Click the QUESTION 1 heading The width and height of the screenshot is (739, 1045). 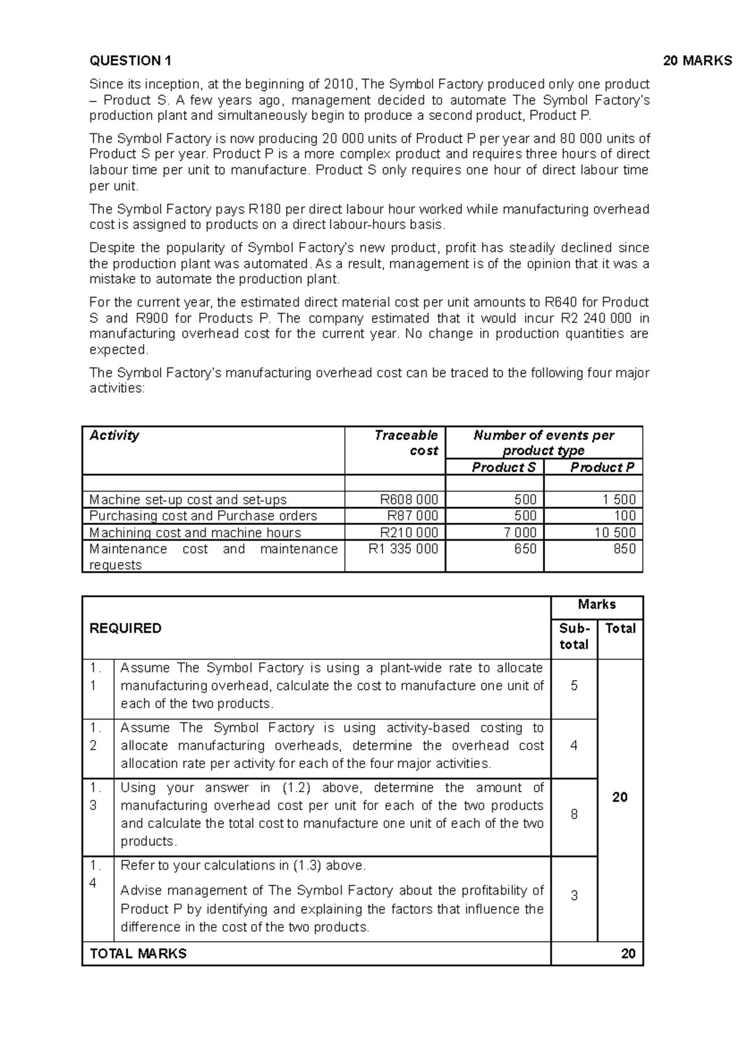click(x=131, y=60)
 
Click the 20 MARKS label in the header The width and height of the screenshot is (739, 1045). click(x=697, y=60)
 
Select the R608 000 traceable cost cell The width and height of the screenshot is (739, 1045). click(x=409, y=499)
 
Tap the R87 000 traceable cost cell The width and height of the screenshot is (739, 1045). click(x=412, y=516)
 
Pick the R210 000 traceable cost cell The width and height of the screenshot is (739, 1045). click(x=409, y=532)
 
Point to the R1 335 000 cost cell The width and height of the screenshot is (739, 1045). click(x=403, y=549)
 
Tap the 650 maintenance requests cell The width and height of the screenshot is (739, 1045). click(x=525, y=549)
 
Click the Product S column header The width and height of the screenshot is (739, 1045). click(x=503, y=467)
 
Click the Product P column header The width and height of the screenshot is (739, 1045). click(x=602, y=467)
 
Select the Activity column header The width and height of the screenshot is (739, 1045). click(x=115, y=435)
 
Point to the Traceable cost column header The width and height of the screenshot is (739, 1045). click(x=406, y=442)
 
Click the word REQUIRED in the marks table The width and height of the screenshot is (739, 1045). click(x=126, y=628)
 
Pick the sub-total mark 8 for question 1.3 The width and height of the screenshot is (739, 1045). click(x=574, y=814)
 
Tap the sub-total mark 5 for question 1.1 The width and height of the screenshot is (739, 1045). click(x=574, y=686)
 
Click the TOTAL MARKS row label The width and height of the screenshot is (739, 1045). click(x=138, y=953)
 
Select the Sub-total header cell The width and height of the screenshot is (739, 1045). click(x=574, y=636)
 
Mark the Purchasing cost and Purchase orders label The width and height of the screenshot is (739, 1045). click(x=203, y=516)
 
